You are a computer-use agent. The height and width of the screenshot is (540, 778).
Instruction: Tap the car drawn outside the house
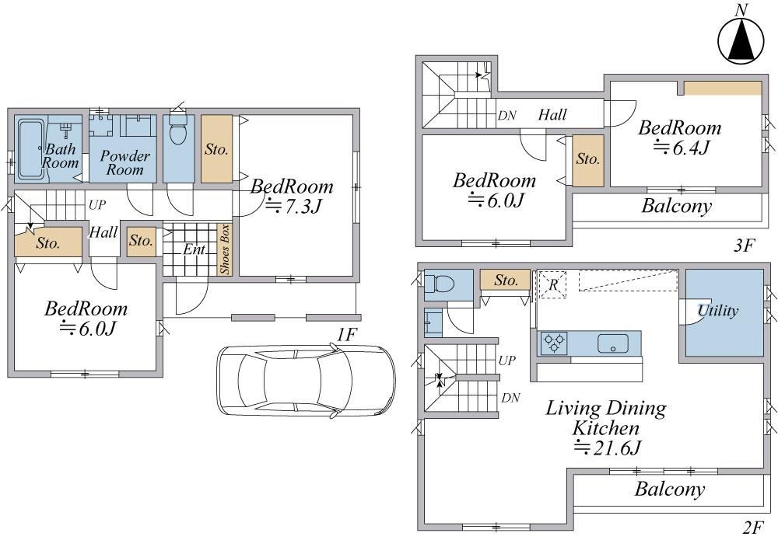[306, 380]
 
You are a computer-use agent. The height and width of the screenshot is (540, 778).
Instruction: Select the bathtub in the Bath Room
[31, 149]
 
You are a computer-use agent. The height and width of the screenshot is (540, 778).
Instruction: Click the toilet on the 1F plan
[177, 129]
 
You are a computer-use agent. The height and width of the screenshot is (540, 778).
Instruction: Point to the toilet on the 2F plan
[439, 284]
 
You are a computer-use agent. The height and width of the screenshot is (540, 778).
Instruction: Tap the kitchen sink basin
[613, 343]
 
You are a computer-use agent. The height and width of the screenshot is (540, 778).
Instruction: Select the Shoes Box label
[225, 249]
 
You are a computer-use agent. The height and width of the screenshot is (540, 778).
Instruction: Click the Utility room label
[718, 311]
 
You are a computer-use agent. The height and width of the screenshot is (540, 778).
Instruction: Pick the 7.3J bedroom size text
[294, 205]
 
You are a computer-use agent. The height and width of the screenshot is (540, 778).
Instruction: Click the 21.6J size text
[608, 448]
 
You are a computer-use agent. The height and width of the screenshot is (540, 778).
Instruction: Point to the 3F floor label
[744, 245]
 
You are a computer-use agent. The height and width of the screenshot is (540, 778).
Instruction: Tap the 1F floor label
[347, 336]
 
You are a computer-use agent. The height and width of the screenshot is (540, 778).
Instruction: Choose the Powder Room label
[124, 162]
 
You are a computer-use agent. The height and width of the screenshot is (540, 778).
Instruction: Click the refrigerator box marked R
[552, 285]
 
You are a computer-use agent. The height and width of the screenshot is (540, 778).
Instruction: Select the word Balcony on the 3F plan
[677, 206]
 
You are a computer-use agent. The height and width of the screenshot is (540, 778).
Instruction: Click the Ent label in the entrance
[194, 249]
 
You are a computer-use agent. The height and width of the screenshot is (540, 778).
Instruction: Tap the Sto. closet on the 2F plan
[505, 280]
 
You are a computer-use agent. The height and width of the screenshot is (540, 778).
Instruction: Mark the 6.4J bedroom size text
[682, 148]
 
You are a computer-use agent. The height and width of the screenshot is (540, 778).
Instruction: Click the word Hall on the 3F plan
[552, 115]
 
